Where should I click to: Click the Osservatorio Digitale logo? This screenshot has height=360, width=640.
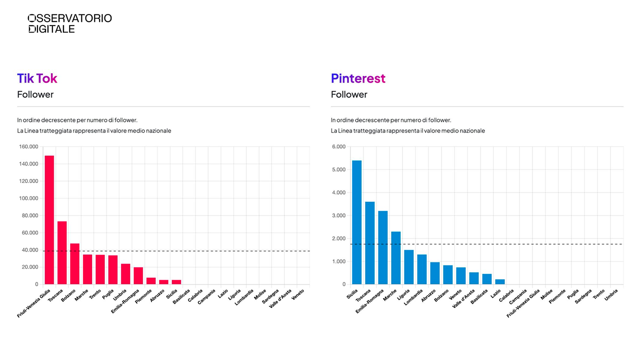(69, 23)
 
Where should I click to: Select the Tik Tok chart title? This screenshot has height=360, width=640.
(37, 78)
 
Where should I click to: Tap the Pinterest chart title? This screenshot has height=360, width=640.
(358, 78)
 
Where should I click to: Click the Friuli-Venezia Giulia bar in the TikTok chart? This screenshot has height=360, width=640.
(49, 220)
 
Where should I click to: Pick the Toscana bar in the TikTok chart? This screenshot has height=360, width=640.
(62, 252)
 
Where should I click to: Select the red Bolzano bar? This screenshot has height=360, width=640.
(75, 264)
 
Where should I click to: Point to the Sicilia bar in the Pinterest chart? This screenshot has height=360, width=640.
(357, 222)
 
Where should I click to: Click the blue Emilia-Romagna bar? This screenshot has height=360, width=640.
(383, 247)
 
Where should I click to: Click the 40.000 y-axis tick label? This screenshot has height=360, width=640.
(29, 250)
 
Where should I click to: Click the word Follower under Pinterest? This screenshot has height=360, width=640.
(349, 94)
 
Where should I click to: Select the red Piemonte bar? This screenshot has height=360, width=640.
(151, 281)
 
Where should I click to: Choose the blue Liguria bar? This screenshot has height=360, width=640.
(409, 267)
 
